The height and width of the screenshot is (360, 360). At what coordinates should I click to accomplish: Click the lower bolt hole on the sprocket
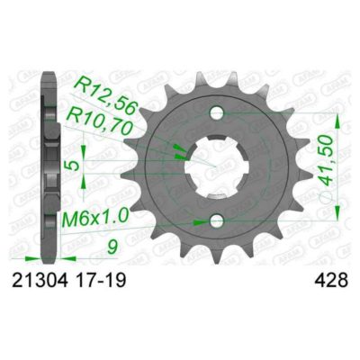(216, 220)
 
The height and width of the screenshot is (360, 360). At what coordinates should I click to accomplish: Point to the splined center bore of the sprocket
(216, 167)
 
